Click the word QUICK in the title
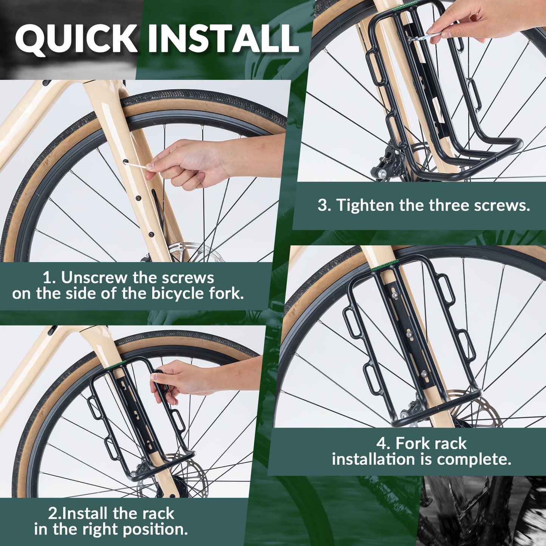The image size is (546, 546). click(x=76, y=39)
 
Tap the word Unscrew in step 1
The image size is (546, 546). click(x=94, y=278)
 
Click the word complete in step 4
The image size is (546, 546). click(x=474, y=459)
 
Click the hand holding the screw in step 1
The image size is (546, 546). click(x=189, y=162)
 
